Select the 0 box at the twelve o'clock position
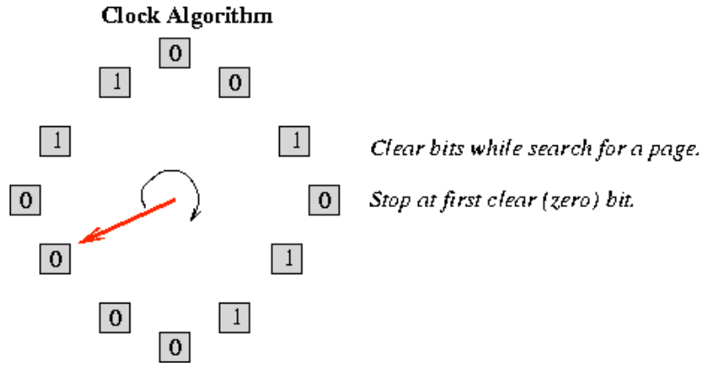tap(175, 54)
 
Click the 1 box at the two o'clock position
tap(295, 141)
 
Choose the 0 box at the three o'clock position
tap(323, 200)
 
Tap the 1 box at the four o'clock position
tap(288, 257)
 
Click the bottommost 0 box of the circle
tap(175, 348)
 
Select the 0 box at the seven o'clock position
tap(115, 317)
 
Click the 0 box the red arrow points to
tap(55, 258)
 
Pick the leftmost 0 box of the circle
tap(25, 200)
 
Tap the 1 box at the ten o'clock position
tap(56, 141)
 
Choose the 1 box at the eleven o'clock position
tap(116, 83)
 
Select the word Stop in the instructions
tap(388, 200)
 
